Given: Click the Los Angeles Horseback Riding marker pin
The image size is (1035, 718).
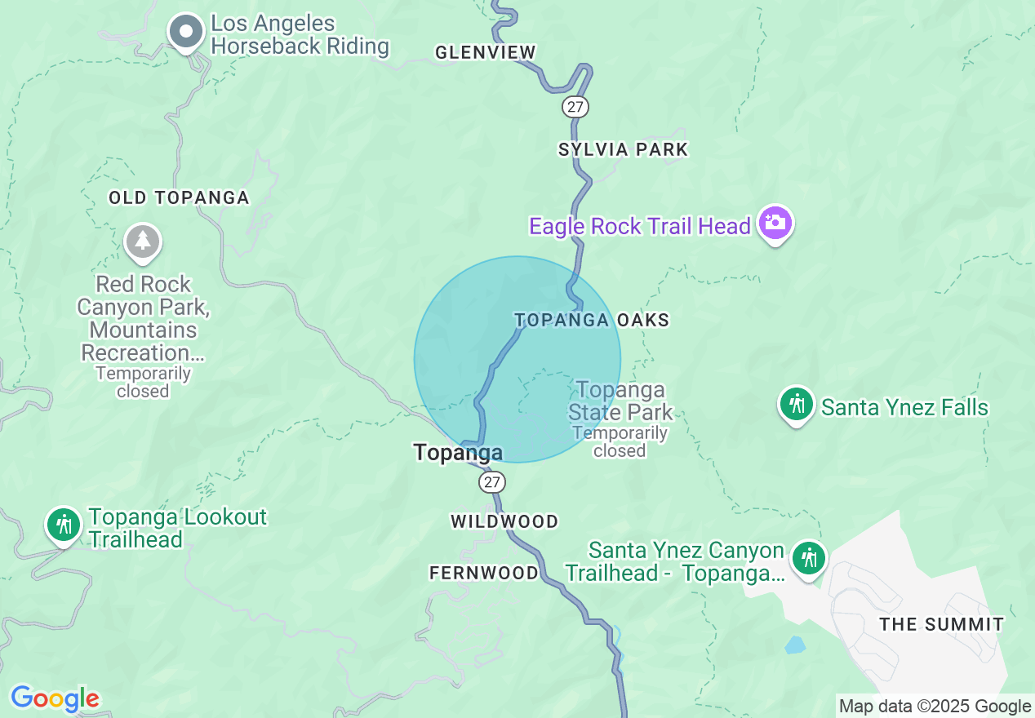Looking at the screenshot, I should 186,32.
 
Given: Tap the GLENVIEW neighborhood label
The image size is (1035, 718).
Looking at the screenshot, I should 486,53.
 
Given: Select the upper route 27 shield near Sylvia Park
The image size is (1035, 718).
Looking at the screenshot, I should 575,106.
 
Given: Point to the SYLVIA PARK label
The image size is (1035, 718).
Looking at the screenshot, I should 624,149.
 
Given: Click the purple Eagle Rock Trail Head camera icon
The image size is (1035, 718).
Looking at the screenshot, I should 775,222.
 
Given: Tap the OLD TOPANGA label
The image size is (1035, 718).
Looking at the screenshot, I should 179,197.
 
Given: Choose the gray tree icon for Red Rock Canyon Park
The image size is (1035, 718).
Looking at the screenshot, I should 143,241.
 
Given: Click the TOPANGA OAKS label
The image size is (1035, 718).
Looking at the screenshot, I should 592,320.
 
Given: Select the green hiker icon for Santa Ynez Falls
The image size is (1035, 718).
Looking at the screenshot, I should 797,404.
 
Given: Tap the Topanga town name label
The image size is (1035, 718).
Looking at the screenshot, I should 458,452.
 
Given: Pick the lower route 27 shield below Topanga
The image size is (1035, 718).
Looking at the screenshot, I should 491,482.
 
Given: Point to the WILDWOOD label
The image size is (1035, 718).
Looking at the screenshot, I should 504,521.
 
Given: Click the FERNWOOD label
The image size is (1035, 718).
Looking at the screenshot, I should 484,573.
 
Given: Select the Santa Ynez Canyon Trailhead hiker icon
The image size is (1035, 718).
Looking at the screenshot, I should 809,559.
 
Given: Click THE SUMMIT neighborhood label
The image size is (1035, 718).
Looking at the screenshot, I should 942,625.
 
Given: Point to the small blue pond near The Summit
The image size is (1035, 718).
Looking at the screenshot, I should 794,645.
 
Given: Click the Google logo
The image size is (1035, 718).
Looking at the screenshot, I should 55,698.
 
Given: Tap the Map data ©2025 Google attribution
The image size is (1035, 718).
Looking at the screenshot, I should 935,707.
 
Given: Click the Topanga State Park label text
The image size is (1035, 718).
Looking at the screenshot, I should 620,401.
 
